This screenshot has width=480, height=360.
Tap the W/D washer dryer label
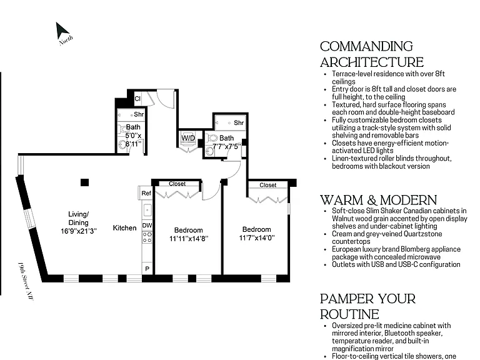(188, 138)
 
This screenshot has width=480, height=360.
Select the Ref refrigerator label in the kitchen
(146, 193)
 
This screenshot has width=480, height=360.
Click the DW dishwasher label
(147, 225)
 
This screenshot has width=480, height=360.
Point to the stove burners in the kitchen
(147, 237)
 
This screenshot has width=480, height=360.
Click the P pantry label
(147, 269)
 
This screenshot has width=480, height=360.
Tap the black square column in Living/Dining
(85, 182)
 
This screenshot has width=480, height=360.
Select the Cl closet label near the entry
(137, 99)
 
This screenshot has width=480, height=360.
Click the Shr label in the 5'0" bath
(139, 114)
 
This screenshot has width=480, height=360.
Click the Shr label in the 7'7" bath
(239, 122)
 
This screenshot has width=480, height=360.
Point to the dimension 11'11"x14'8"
(189, 239)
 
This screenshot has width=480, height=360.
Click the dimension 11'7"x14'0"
(257, 238)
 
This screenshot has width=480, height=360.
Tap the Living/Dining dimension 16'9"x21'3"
(79, 231)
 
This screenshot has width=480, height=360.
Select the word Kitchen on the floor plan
(124, 228)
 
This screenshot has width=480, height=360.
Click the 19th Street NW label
(25, 281)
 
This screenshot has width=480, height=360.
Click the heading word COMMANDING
(366, 46)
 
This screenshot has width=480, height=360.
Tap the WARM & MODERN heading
(378, 200)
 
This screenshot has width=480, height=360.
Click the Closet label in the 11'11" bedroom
(177, 184)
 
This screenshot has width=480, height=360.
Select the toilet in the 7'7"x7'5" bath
(212, 138)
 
